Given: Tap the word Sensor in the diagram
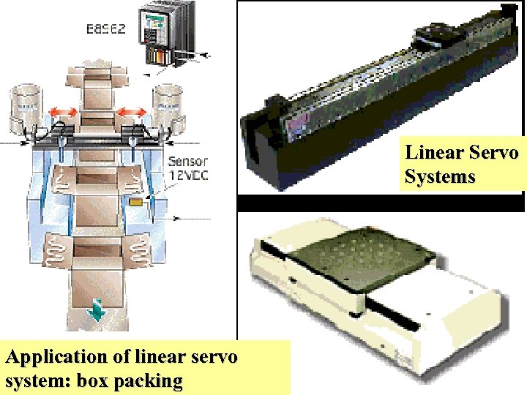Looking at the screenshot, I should (x=188, y=162).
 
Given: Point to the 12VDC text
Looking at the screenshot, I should (x=188, y=176).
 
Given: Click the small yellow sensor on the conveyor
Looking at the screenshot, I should (x=135, y=199).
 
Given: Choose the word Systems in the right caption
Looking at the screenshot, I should (x=440, y=177).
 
